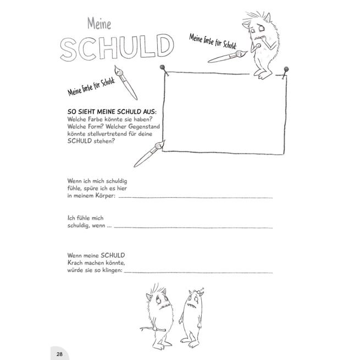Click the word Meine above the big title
coord(99,24)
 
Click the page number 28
coord(59,353)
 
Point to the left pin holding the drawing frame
coord(163,68)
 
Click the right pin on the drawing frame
coord(285,69)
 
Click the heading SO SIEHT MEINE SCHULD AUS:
coord(112,111)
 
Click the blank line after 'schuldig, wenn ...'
coord(192,226)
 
